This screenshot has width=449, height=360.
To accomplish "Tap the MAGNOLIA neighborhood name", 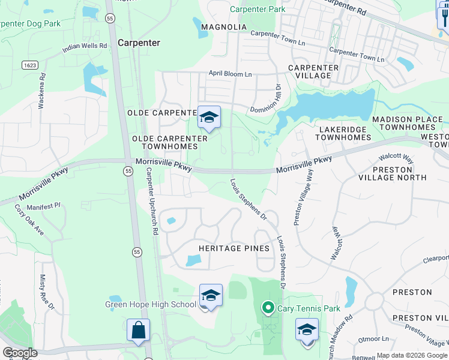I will [x=224, y=27].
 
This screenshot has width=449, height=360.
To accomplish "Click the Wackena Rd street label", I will [x=42, y=91].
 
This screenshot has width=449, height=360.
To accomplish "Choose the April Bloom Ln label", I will [x=231, y=73].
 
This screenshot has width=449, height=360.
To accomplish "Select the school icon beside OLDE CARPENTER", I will [x=209, y=117].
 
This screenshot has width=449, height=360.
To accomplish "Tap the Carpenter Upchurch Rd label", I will [x=152, y=200].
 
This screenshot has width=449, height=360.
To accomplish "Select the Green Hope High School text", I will [x=151, y=304].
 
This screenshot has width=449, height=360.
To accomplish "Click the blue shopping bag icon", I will [x=138, y=330].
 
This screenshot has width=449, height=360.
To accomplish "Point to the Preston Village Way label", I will [x=303, y=197].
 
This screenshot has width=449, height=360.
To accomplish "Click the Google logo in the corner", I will [x=20, y=352].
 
